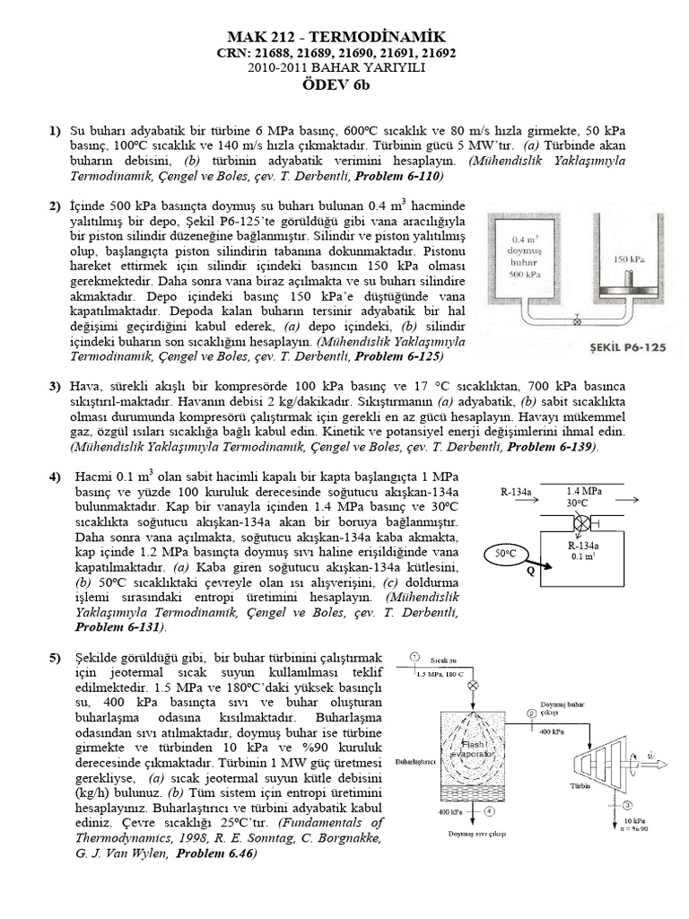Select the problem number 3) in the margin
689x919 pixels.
coord(55,385)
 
